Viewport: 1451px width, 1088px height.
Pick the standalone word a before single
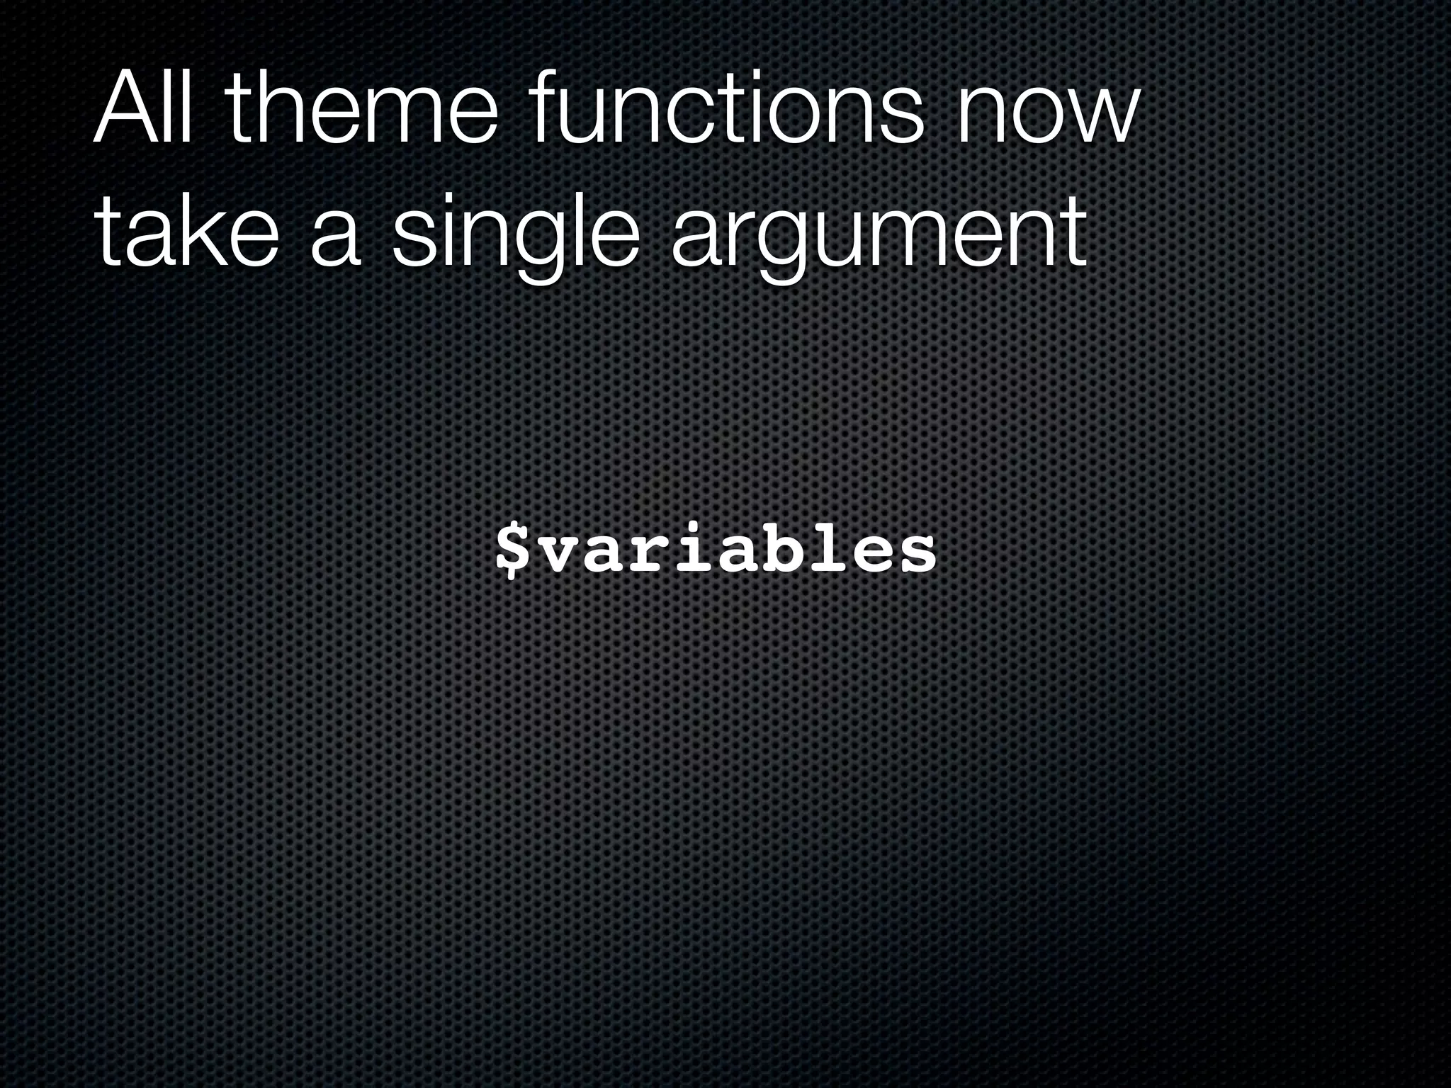[x=334, y=239]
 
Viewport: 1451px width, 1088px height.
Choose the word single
[x=510, y=234]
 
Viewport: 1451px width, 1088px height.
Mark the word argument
[x=879, y=234]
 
